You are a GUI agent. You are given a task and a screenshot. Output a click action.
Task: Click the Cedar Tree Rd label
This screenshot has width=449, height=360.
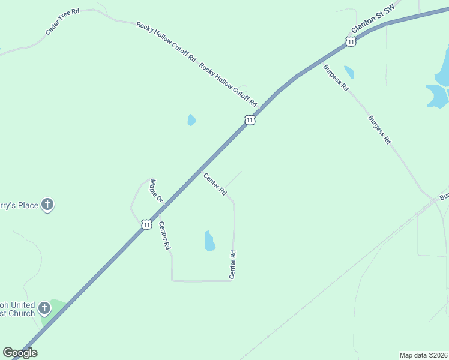pos(62,22)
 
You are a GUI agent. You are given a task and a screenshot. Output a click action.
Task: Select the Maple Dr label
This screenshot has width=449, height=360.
pos(155,190)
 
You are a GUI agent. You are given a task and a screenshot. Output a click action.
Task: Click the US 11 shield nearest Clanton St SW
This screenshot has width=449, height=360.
pos(351,41)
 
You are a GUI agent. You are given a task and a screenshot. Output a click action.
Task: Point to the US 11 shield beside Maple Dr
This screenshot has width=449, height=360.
pos(146,224)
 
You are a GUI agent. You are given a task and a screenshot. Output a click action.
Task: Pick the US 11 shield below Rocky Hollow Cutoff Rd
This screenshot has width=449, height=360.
pos(250,120)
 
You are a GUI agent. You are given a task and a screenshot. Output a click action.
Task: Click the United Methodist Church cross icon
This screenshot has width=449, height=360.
pos(44,309)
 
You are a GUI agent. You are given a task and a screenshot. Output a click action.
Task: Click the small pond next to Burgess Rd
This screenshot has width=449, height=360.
pos(349,72)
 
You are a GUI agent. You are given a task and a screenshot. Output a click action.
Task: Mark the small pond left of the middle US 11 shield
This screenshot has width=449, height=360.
pos(191,120)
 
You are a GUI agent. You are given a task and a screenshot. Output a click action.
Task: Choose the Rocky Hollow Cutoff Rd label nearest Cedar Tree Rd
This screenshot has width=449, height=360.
pos(166,42)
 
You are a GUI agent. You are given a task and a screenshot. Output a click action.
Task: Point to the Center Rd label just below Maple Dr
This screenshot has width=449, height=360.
pos(165,236)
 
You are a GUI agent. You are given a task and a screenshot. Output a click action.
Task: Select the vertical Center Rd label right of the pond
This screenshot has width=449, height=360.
pos(232,265)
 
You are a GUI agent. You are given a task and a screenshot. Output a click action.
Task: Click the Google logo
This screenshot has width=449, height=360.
pos(20,353)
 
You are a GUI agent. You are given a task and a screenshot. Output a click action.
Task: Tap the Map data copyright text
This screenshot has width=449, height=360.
pos(424,355)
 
